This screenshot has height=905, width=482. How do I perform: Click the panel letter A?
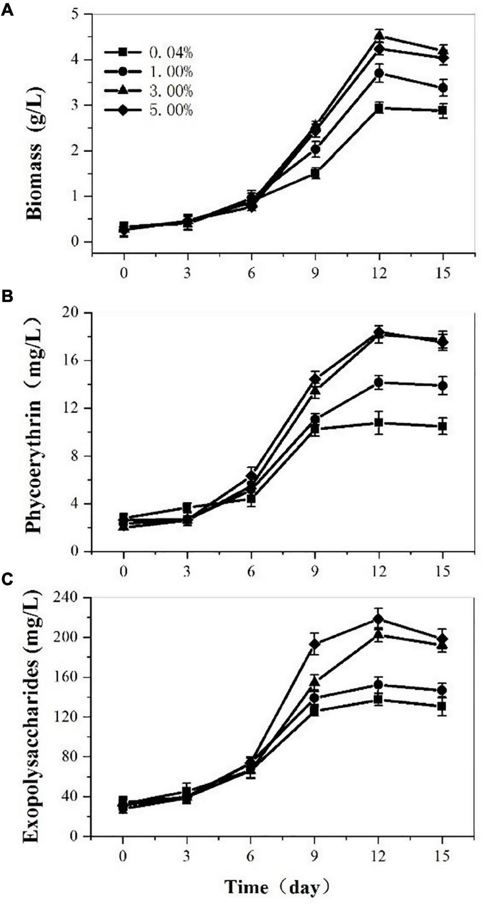coord(7,10)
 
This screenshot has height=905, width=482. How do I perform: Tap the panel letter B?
coord(7,297)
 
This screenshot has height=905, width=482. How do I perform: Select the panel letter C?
coord(7,579)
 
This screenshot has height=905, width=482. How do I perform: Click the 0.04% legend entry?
coord(149,52)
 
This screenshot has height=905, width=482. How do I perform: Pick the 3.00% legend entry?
coord(149,91)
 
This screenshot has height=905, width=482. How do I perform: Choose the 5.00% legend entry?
coord(149,110)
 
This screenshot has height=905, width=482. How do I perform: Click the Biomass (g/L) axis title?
coord(35,153)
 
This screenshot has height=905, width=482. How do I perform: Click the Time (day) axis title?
coord(277,887)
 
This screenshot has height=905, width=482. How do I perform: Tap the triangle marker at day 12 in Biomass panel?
coord(379,36)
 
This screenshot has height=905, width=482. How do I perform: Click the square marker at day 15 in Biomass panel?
coord(443,110)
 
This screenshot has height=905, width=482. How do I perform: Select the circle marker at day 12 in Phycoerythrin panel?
coord(379,382)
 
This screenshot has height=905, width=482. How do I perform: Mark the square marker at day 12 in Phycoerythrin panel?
coord(379,423)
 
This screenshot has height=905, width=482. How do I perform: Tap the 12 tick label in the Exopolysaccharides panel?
coord(378,858)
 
